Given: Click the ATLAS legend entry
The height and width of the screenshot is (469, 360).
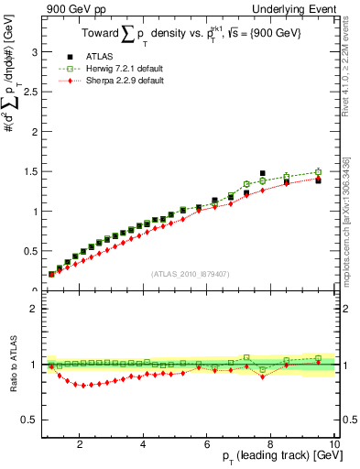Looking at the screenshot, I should [x=101, y=57].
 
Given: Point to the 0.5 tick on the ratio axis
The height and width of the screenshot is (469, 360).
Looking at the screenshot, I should [x=32, y=420].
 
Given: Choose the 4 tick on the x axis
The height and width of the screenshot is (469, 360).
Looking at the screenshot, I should [x=144, y=445].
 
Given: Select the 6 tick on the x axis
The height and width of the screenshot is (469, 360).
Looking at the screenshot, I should [x=207, y=445].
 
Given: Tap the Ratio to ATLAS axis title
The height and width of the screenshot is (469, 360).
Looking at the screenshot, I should [x=13, y=365].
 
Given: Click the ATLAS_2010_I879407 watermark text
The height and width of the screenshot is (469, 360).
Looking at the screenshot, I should [x=189, y=274].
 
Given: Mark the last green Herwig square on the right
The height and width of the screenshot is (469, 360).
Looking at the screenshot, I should [x=318, y=172].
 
